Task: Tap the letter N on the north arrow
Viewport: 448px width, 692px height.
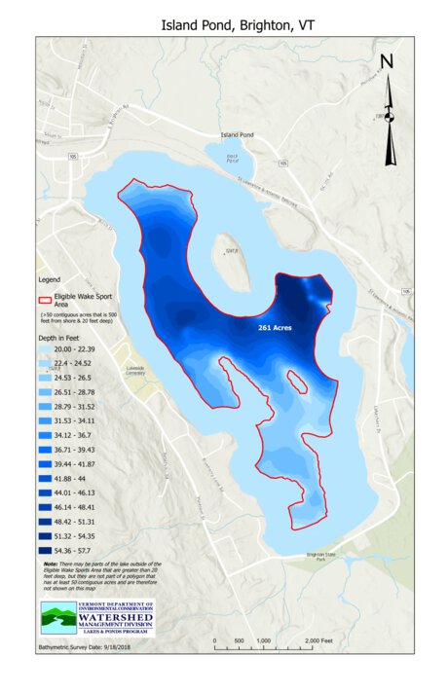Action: pos(387,62)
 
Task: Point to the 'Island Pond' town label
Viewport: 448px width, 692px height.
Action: pos(237,134)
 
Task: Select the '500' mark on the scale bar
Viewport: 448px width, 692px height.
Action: pos(239,641)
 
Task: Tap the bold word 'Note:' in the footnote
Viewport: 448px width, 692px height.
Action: pos(51,564)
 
